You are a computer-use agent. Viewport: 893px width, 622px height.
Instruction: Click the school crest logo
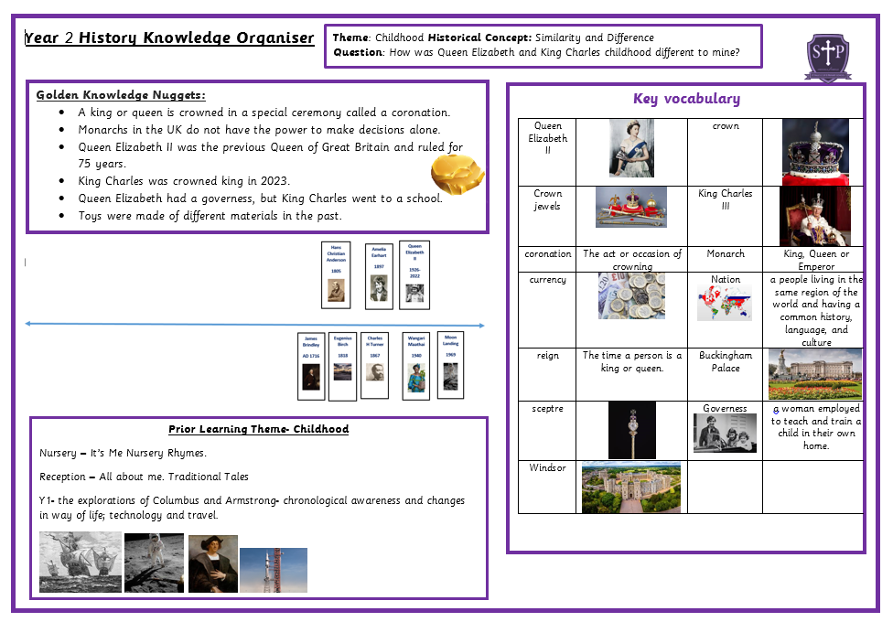tap(827, 57)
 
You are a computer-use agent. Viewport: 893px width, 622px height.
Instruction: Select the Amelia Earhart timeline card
tap(379, 274)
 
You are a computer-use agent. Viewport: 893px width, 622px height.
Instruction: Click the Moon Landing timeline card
tap(450, 363)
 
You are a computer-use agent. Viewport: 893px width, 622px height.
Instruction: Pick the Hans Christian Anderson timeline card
tap(336, 274)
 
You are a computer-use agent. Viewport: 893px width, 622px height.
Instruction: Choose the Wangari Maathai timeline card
tap(416, 365)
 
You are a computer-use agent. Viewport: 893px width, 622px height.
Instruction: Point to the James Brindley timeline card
tap(311, 366)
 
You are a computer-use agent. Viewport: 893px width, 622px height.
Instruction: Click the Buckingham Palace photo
tap(814, 374)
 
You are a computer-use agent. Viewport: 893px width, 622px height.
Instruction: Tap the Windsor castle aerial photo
tap(630, 487)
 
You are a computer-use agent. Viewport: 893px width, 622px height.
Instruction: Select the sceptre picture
tap(632, 430)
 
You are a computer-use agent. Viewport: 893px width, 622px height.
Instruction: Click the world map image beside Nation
tap(724, 303)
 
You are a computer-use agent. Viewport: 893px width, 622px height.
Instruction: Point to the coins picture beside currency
tap(631, 295)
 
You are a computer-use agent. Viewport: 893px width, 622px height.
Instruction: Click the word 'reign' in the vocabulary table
tap(547, 356)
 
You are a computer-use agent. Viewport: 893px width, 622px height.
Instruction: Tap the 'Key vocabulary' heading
tap(686, 99)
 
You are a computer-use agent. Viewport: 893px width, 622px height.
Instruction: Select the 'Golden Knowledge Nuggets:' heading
tap(121, 95)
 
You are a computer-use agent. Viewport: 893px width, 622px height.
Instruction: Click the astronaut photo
tap(154, 563)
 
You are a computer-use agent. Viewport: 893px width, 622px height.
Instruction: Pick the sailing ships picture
tap(80, 563)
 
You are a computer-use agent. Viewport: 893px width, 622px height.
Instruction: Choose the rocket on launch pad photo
tap(273, 570)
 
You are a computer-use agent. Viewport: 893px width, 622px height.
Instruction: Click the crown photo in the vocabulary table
tap(814, 152)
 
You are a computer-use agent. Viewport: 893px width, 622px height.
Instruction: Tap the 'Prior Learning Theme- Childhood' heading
tap(258, 429)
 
